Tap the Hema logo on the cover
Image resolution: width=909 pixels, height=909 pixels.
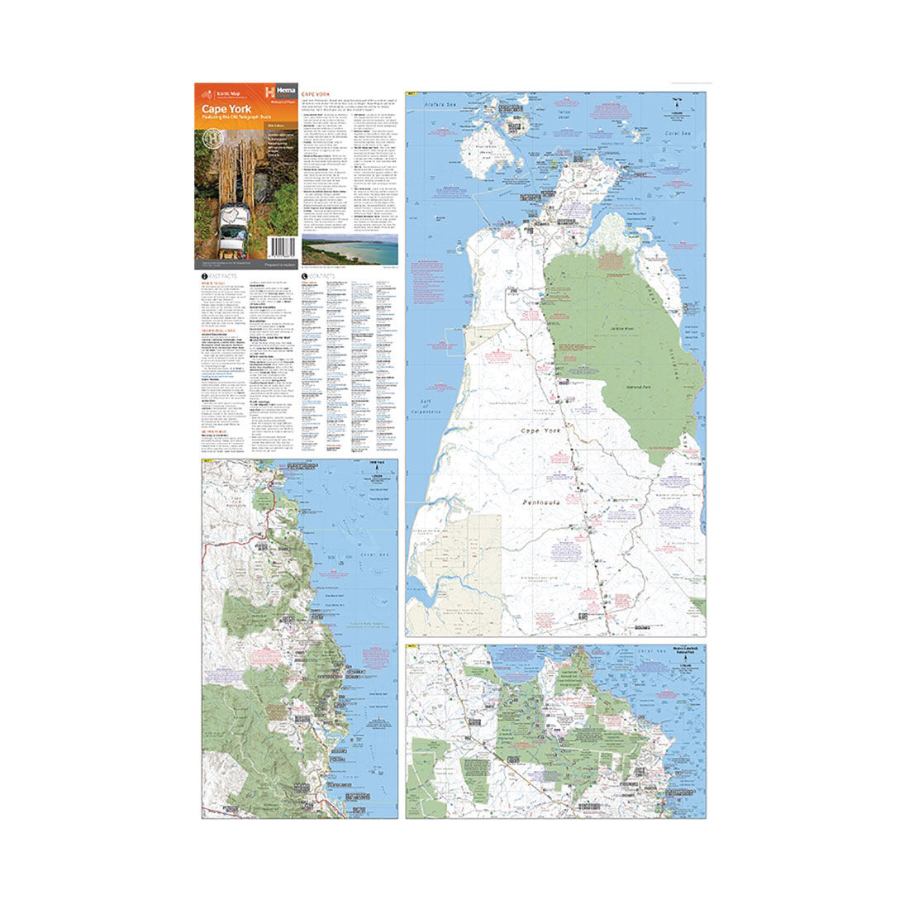click(x=281, y=93)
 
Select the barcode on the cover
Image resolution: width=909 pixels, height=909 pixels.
click(x=283, y=249)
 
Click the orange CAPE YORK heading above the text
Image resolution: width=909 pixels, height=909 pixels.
click(x=319, y=94)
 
